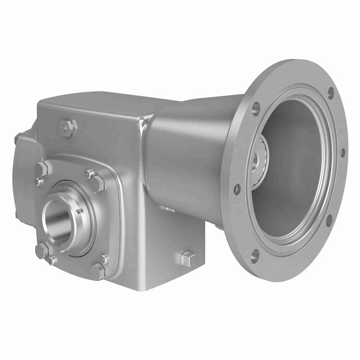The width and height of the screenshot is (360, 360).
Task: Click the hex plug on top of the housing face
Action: tap(66, 128)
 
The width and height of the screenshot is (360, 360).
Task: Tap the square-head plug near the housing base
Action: tap(188, 259)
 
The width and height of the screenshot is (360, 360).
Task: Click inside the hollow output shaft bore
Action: tap(56, 222)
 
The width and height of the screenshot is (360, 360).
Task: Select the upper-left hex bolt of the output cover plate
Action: tap(41, 169)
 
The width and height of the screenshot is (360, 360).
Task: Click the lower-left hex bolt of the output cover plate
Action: tap(42, 250)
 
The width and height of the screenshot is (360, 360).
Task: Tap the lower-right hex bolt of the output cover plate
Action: tap(97, 271)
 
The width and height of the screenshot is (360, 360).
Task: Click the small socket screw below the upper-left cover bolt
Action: tap(37, 181)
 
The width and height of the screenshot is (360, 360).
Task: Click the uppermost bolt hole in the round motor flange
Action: tap(330, 93)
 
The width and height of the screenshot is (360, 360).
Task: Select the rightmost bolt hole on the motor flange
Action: tap(343, 153)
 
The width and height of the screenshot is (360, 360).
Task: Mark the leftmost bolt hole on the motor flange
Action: tap(237, 189)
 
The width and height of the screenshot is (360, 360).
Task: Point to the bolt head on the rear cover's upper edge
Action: tap(17, 138)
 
